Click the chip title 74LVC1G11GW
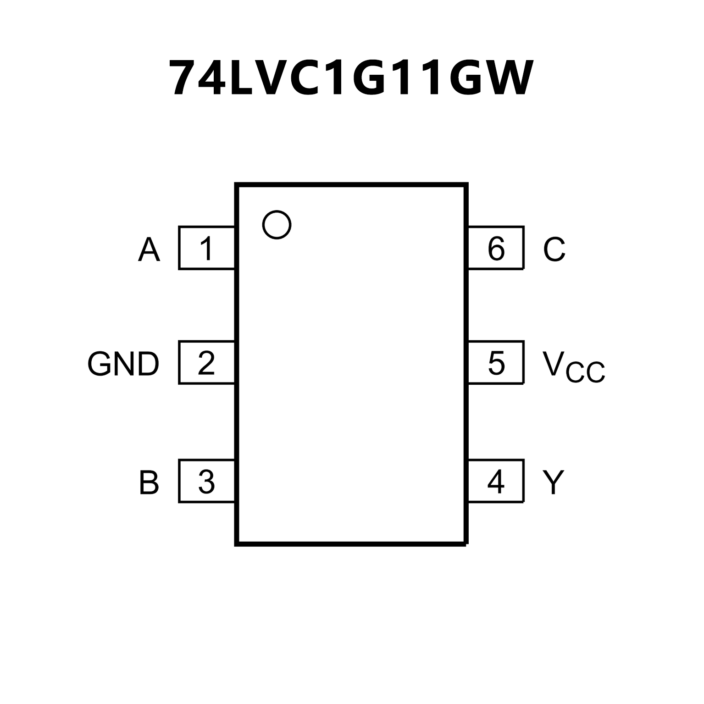(351, 78)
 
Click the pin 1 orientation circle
(277, 225)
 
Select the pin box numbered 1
(206, 248)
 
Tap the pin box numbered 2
(206, 362)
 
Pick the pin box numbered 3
(206, 481)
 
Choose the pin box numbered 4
(496, 481)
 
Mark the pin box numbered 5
(496, 362)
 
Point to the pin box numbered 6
(496, 248)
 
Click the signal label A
(149, 250)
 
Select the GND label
(123, 364)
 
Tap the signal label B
(149, 482)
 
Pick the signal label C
(554, 250)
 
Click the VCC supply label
(573, 367)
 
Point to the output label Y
(553, 482)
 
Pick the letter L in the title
(243, 78)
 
